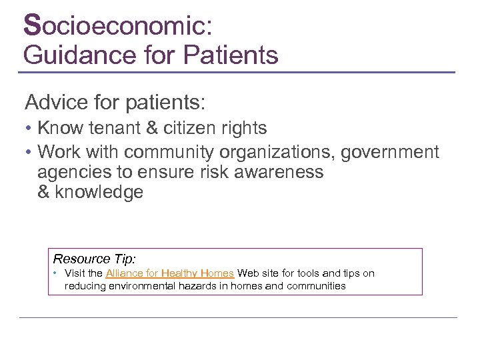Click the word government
390,153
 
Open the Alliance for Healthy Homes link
169,273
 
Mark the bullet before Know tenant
29,128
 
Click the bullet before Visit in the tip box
57,273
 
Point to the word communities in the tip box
313,286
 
